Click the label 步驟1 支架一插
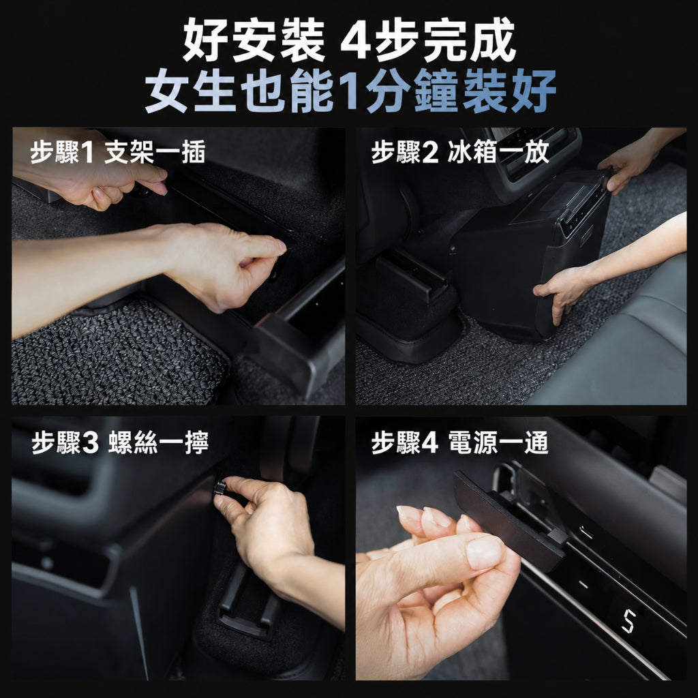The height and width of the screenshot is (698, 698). click(x=118, y=152)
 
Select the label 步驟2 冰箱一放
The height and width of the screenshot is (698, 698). click(x=460, y=152)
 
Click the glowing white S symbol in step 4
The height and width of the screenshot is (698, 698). click(x=628, y=621)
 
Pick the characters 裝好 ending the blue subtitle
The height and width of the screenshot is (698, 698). click(x=509, y=91)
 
